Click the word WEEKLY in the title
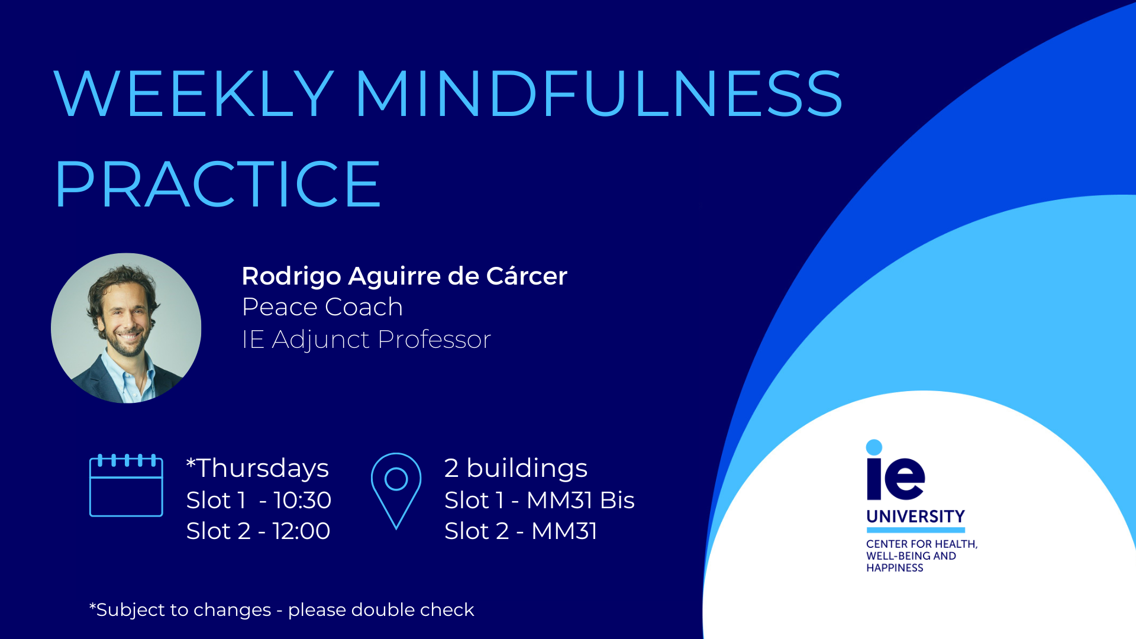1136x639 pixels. (193, 93)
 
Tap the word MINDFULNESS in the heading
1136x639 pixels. (599, 93)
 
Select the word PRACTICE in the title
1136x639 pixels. (217, 184)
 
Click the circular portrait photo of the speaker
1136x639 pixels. (126, 328)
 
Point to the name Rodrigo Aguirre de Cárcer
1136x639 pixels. (405, 276)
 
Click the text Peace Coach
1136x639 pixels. (322, 307)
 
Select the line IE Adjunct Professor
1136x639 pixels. (367, 340)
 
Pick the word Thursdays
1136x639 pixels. (263, 468)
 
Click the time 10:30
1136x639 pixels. (302, 501)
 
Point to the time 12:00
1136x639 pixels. (302, 531)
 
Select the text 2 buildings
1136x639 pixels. (516, 468)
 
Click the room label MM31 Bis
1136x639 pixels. (580, 501)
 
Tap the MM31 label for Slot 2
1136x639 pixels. (564, 531)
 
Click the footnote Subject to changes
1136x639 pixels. (183, 610)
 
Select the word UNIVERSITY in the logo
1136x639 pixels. (915, 517)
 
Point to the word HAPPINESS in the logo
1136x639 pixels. (895, 568)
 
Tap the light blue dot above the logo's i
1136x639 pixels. (874, 447)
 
